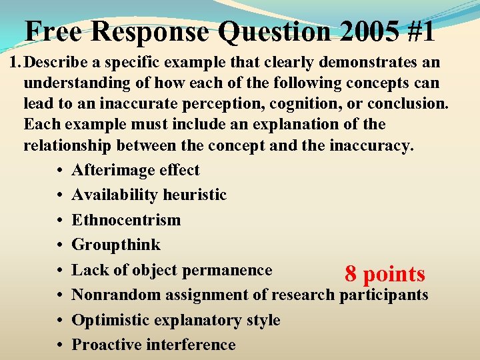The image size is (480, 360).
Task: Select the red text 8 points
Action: [385, 274]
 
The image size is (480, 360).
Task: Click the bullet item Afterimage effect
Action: [135, 170]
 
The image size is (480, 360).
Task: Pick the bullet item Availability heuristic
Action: [149, 195]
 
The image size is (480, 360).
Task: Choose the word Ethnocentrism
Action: [126, 220]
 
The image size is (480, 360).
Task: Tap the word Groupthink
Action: [116, 245]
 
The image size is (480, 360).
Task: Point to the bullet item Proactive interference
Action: [153, 345]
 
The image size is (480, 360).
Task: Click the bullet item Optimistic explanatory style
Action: [175, 320]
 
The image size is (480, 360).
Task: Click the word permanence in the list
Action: [229, 270]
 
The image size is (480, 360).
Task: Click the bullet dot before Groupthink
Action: [60, 245]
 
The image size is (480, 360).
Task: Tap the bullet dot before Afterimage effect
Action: [60, 171]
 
